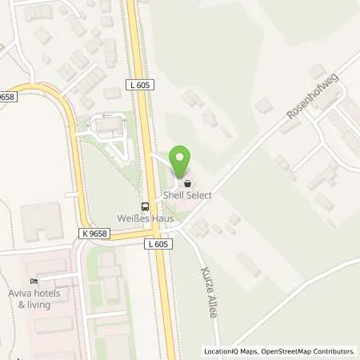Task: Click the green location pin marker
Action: coord(181,159)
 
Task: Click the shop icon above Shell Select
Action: coord(188,183)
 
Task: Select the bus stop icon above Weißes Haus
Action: coord(145,203)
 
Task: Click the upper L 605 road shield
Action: coord(139,84)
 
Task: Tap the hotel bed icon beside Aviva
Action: coord(34,282)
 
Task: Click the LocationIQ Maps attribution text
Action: coord(230,351)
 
